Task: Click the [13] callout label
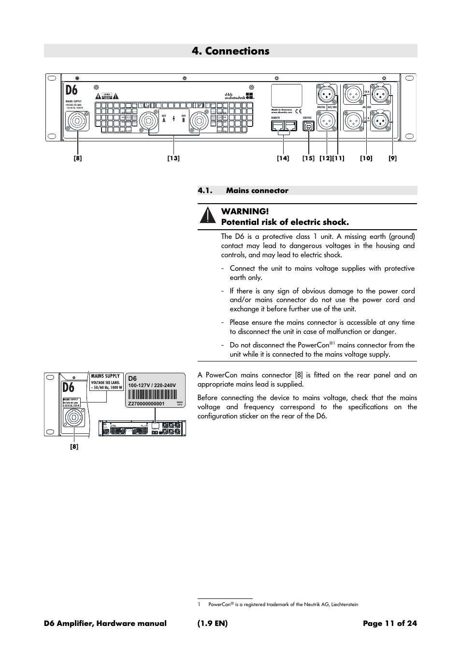click(173, 158)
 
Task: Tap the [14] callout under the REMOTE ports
click(283, 158)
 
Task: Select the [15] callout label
click(308, 158)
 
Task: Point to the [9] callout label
click(392, 158)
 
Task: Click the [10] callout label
click(366, 158)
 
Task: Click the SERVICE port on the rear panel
click(308, 126)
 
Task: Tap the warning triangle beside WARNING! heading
click(207, 216)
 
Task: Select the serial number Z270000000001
click(146, 404)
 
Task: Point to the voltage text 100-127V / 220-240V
click(152, 386)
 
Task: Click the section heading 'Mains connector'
click(257, 191)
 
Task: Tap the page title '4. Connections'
click(230, 51)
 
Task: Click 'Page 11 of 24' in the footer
click(389, 624)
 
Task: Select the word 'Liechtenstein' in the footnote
click(343, 605)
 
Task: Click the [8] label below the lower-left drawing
click(74, 447)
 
